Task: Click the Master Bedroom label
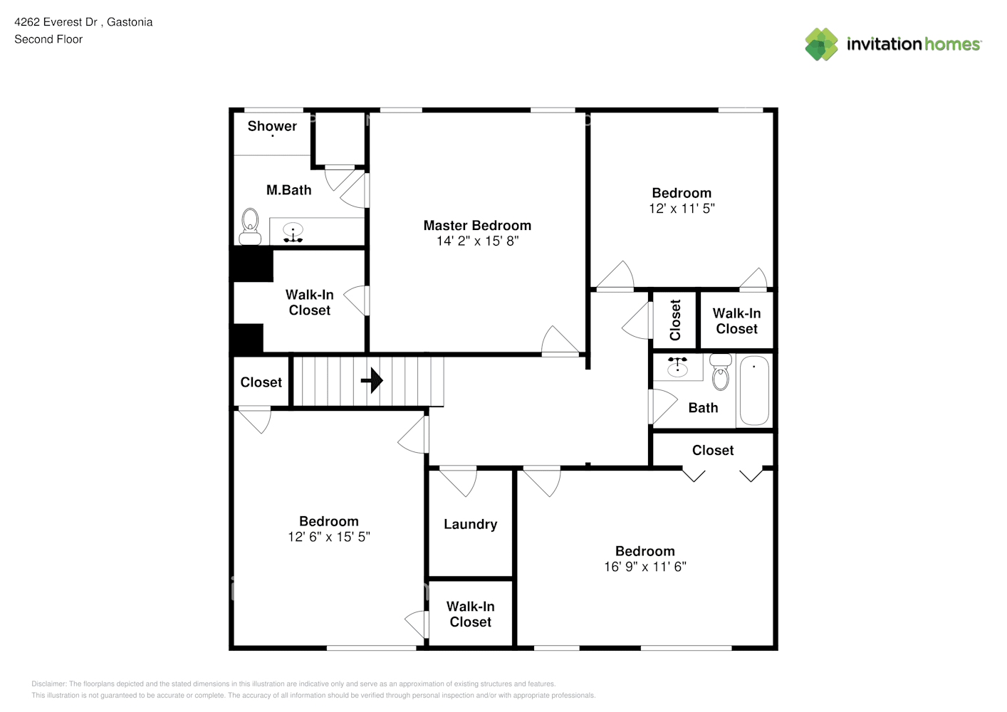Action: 477,226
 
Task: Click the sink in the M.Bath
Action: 293,232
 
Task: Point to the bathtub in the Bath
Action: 754,391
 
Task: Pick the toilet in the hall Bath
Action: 721,373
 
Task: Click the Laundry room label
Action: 470,525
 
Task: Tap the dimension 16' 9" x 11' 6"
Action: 645,567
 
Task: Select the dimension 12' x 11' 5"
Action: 682,209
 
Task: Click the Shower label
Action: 272,127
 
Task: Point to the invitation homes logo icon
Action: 821,44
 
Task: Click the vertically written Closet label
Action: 675,320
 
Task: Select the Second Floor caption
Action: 48,39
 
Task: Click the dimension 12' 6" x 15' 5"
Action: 328,537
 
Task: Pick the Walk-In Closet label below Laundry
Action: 470,614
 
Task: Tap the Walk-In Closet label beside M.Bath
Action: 309,303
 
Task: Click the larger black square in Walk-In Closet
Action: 251,264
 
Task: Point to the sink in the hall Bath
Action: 677,367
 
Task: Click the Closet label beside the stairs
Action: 261,382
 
